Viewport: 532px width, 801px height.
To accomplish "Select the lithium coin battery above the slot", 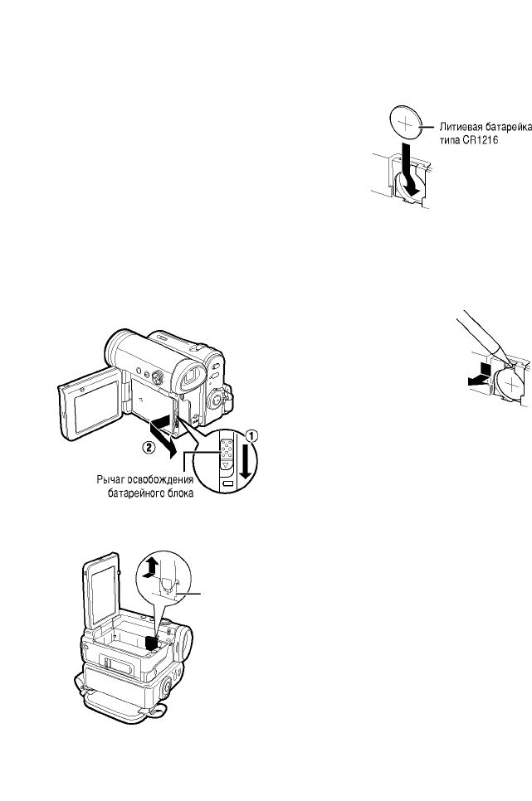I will pos(408,124).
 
